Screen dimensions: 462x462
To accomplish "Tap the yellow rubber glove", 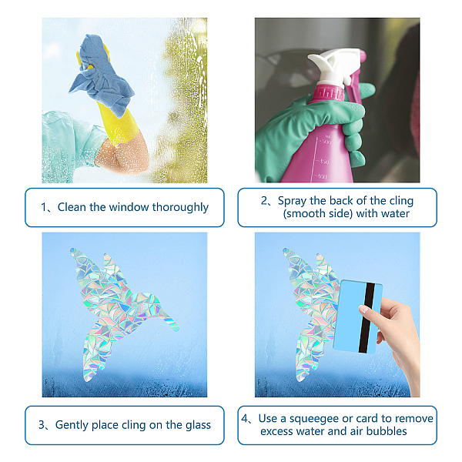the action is (118, 124).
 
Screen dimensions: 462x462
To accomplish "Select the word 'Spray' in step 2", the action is (293, 201).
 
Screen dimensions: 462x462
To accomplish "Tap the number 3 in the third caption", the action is (42, 425).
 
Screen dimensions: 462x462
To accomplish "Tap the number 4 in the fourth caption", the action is (245, 418).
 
